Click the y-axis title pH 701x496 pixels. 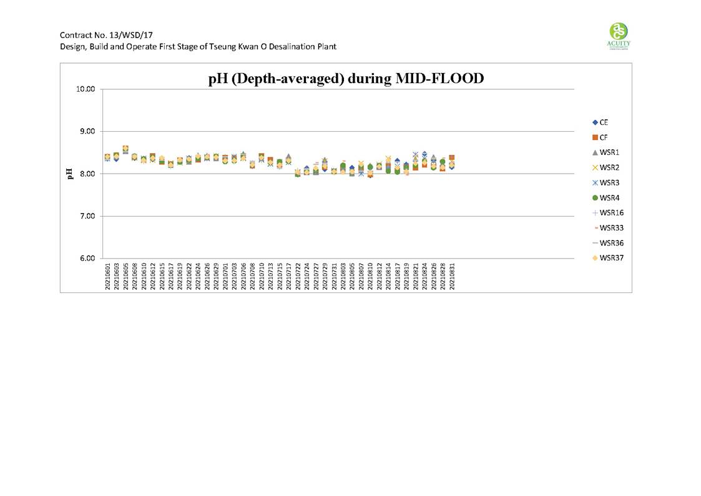point(69,174)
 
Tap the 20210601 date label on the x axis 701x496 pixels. point(107,274)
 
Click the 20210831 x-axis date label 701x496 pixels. point(452,274)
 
